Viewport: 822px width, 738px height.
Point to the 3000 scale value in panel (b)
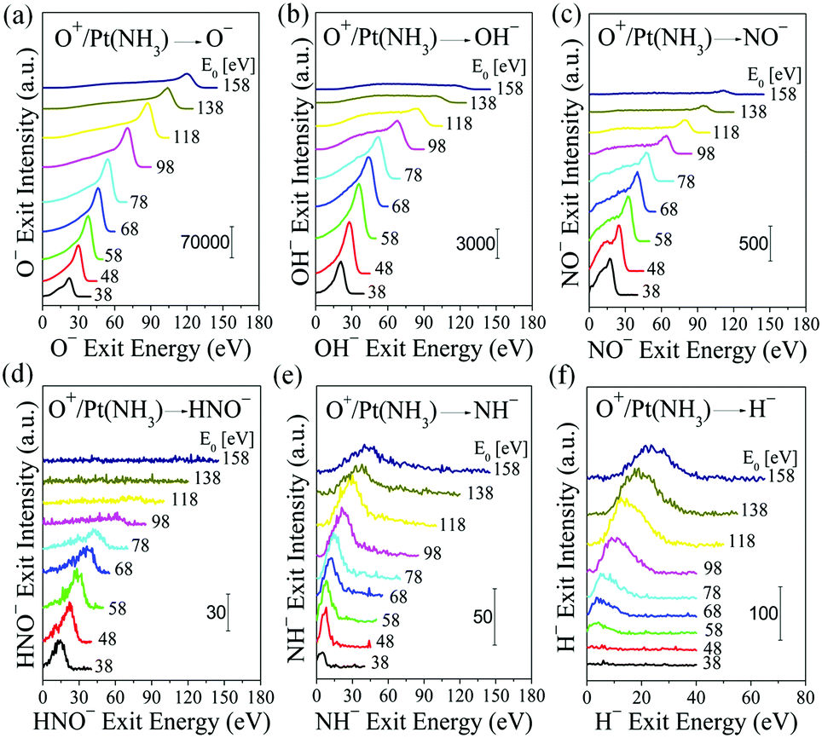click(474, 244)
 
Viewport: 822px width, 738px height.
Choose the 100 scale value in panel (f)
click(762, 611)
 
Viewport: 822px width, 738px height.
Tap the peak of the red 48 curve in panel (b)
click(350, 222)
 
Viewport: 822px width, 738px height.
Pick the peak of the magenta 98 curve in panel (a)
click(128, 129)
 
